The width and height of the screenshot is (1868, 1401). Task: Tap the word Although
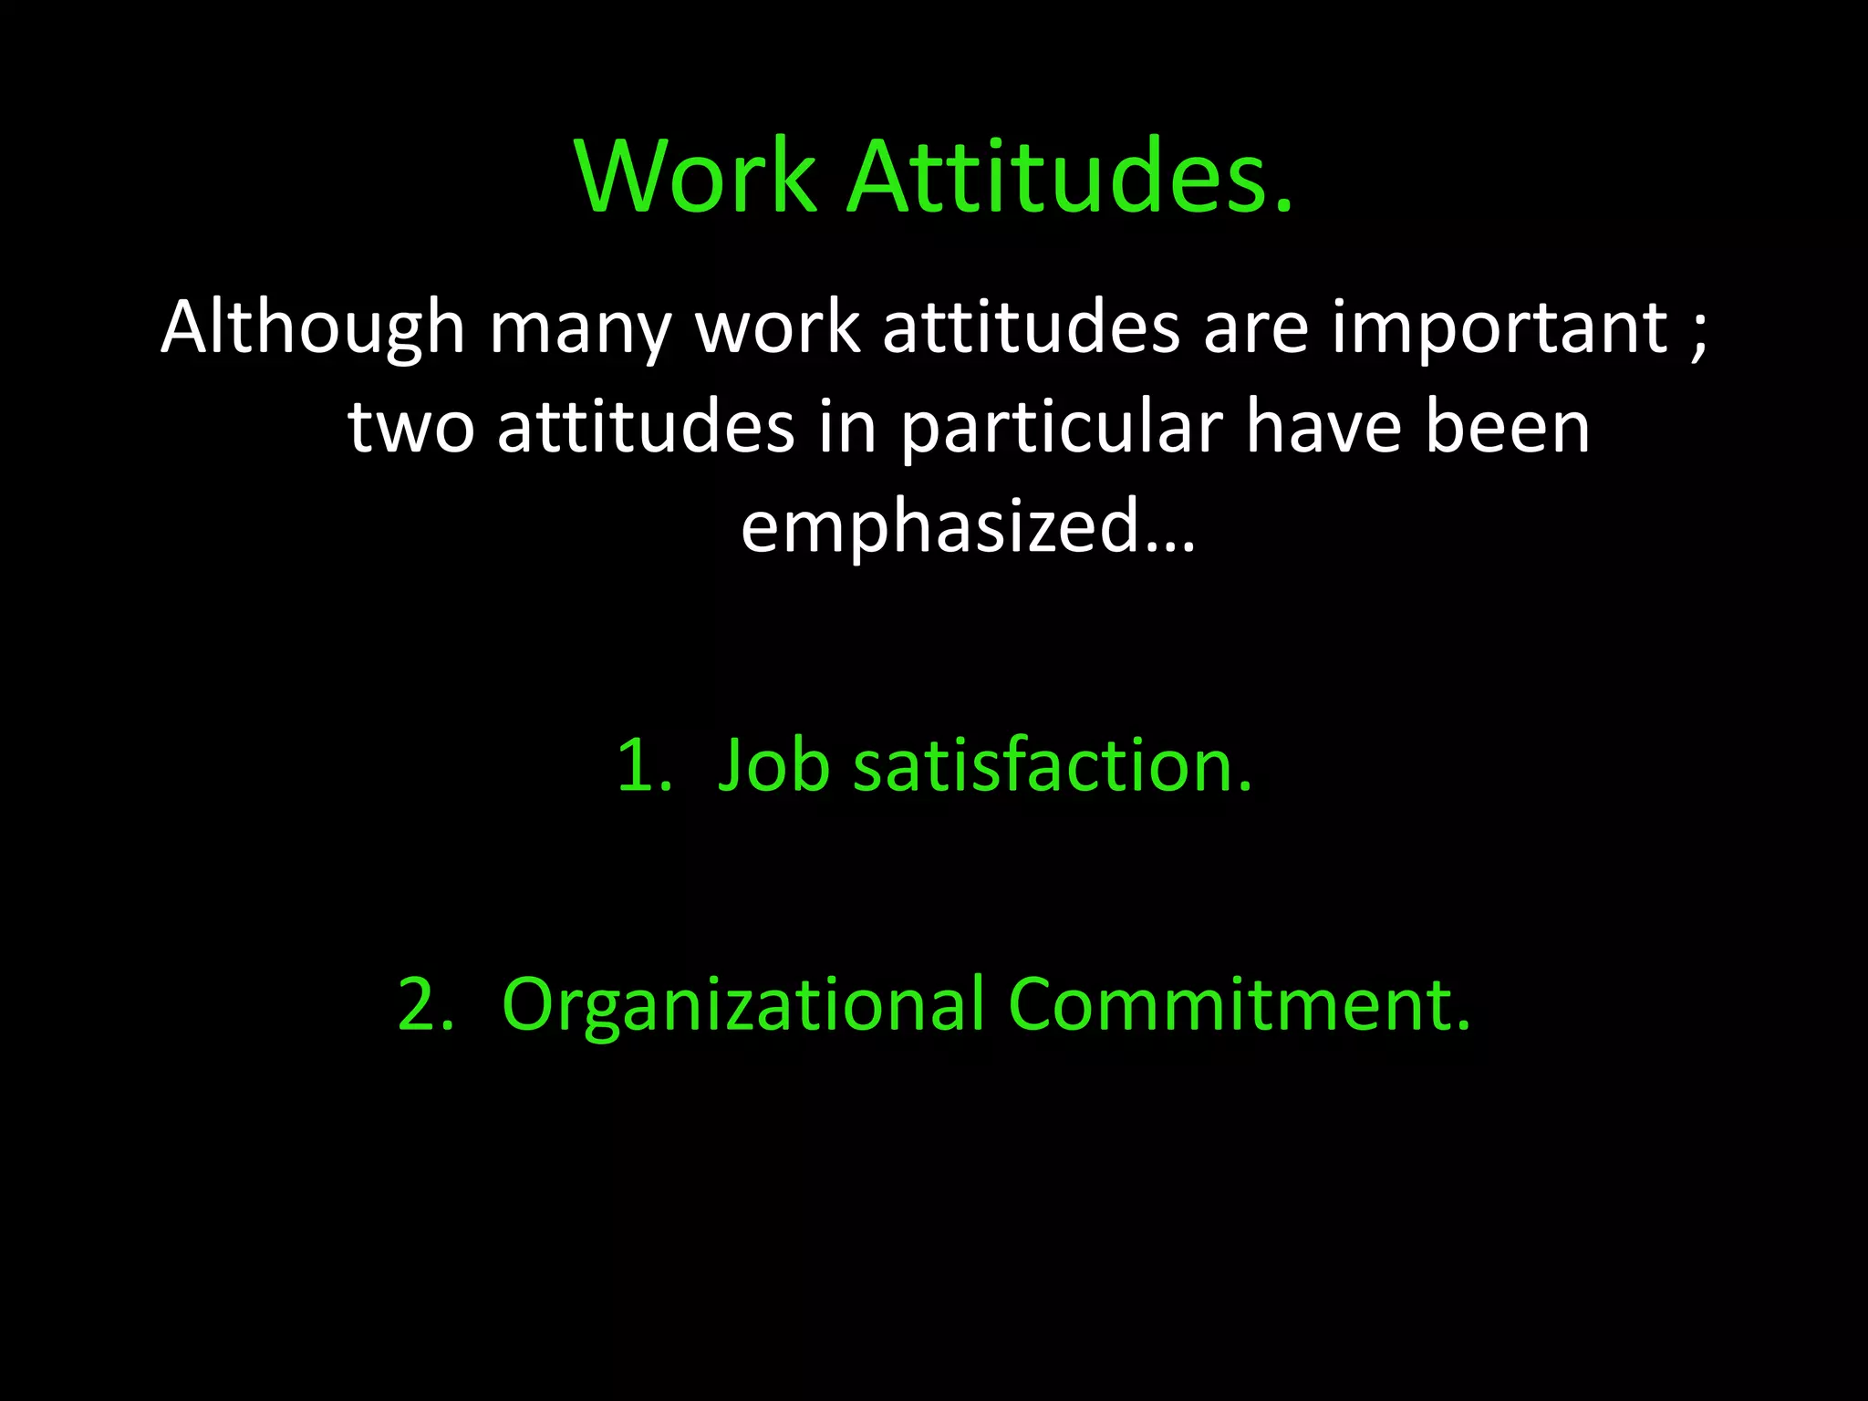(x=313, y=328)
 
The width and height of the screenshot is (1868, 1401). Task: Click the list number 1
(x=641, y=766)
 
